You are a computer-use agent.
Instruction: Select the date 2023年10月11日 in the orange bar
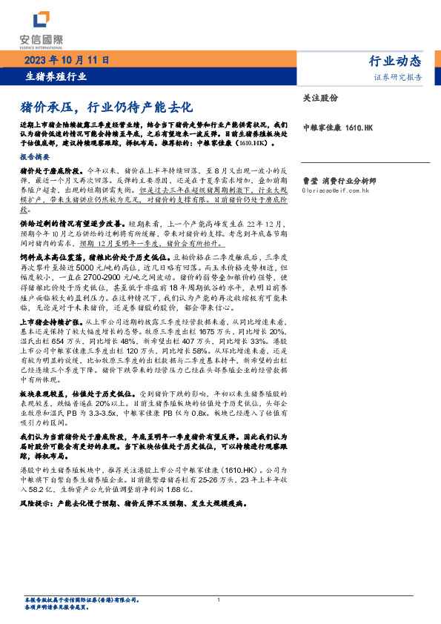[70, 60]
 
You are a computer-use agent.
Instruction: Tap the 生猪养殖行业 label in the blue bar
[56, 76]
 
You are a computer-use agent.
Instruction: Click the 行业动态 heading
[395, 61]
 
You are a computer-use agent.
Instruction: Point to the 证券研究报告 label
[401, 77]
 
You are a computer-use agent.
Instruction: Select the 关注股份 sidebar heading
[320, 97]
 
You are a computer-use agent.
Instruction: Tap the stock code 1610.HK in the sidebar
[358, 128]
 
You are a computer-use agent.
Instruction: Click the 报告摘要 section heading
[36, 158]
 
